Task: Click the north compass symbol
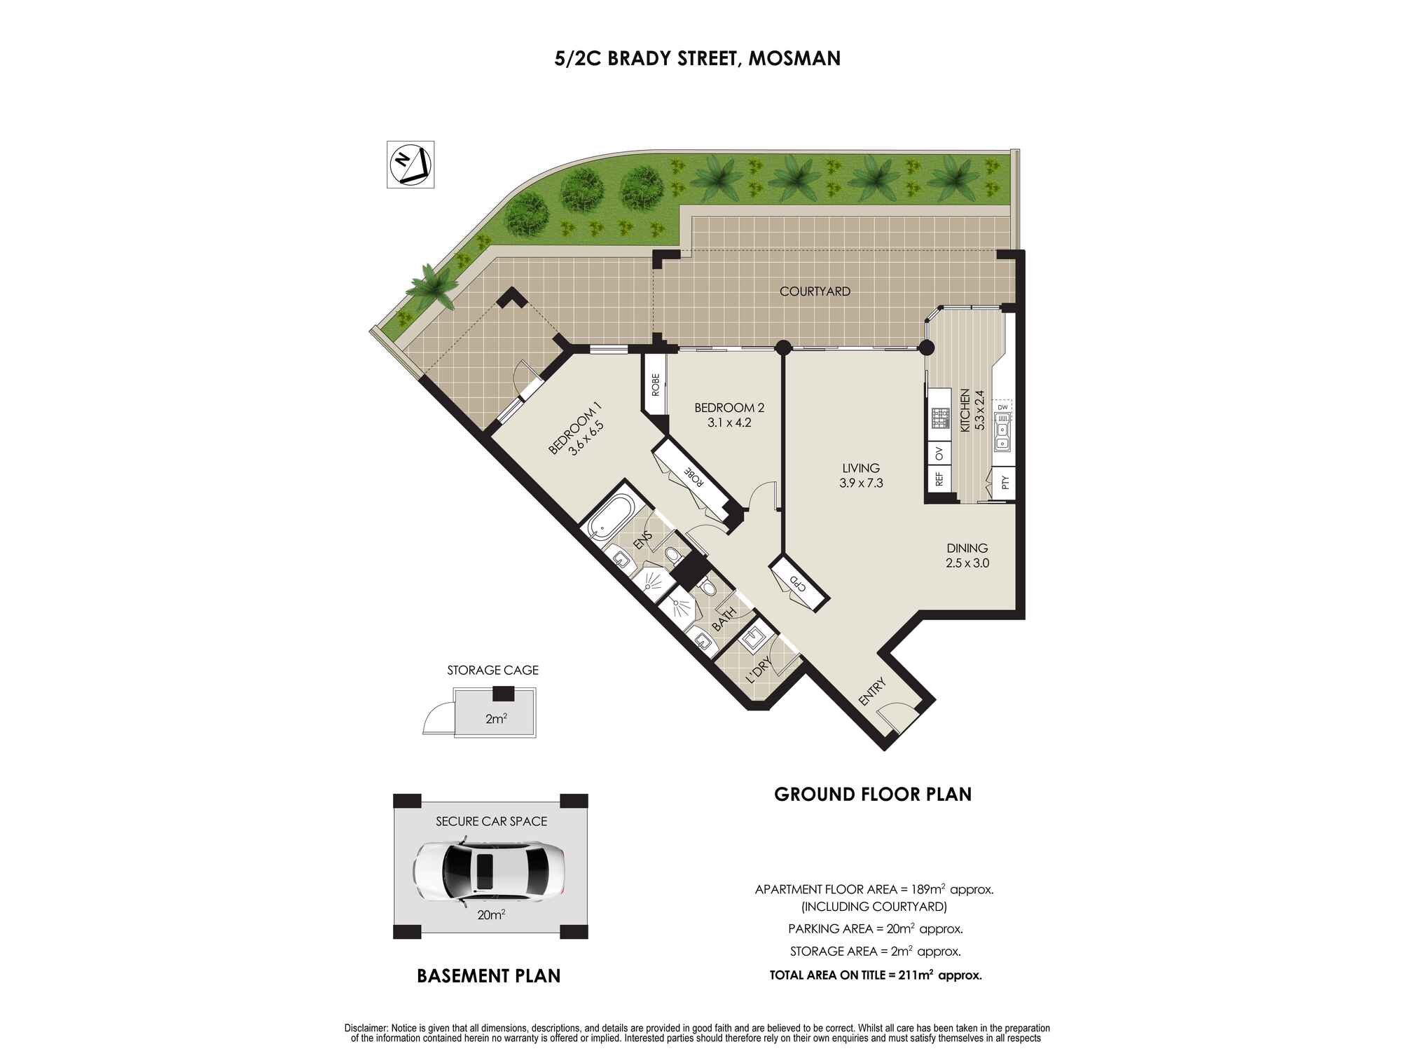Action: [x=410, y=164]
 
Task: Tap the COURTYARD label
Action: [x=815, y=291]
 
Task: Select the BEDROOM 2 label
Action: [x=729, y=408]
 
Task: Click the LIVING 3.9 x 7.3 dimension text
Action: [x=861, y=483]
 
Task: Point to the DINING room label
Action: [x=967, y=549]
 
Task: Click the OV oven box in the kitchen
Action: [x=939, y=454]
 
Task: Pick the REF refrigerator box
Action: [x=939, y=479]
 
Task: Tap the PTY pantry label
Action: [x=1005, y=483]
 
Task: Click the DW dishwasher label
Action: [x=1002, y=407]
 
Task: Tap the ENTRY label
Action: [x=873, y=692]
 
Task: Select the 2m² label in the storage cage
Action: [x=496, y=719]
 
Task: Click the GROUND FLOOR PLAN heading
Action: [x=873, y=795]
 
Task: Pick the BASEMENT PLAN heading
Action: [x=489, y=976]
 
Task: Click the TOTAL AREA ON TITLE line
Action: [x=876, y=975]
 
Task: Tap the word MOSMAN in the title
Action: [x=794, y=58]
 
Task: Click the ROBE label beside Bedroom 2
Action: [x=656, y=385]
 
